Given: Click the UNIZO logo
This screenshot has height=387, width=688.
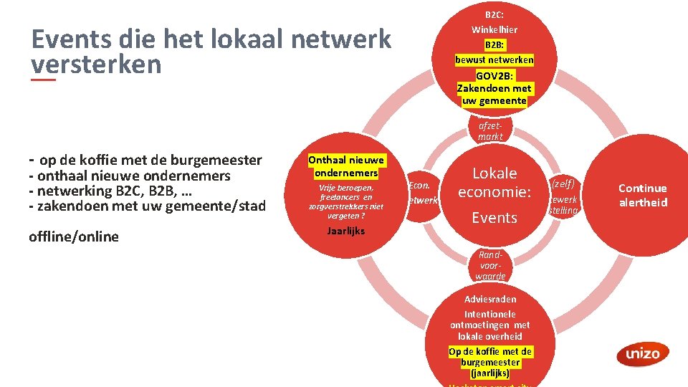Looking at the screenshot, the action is tap(642, 353).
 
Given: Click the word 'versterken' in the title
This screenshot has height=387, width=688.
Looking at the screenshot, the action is tap(97, 64).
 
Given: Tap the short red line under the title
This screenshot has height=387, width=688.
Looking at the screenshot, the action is tap(43, 80).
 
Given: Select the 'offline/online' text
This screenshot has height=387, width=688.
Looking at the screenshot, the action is tap(74, 236).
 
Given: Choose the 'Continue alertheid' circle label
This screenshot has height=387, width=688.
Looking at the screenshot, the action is tap(642, 195).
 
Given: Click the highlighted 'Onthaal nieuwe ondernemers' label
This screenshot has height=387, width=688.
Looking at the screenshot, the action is tap(346, 166).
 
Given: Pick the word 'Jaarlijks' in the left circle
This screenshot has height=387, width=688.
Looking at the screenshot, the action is tap(346, 231).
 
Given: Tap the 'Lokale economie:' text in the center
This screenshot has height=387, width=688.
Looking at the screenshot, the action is tap(494, 183).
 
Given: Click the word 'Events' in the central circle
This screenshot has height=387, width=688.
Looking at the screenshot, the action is tap(494, 218).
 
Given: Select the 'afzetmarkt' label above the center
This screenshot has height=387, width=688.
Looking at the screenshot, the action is tap(491, 130).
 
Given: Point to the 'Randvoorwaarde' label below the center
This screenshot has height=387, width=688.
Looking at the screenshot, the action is tap(490, 266).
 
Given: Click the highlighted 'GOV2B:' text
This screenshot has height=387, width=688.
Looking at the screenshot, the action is tap(494, 76).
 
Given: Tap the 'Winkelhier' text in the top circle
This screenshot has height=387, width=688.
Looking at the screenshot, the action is tap(494, 29).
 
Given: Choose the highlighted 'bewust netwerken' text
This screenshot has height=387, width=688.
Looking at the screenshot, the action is tap(494, 59).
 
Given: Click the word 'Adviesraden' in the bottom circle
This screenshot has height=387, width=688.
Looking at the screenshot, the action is tap(490, 299).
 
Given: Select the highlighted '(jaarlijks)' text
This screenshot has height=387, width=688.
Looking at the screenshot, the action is tap(490, 373).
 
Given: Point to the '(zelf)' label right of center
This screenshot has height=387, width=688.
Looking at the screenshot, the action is tap(563, 183).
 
